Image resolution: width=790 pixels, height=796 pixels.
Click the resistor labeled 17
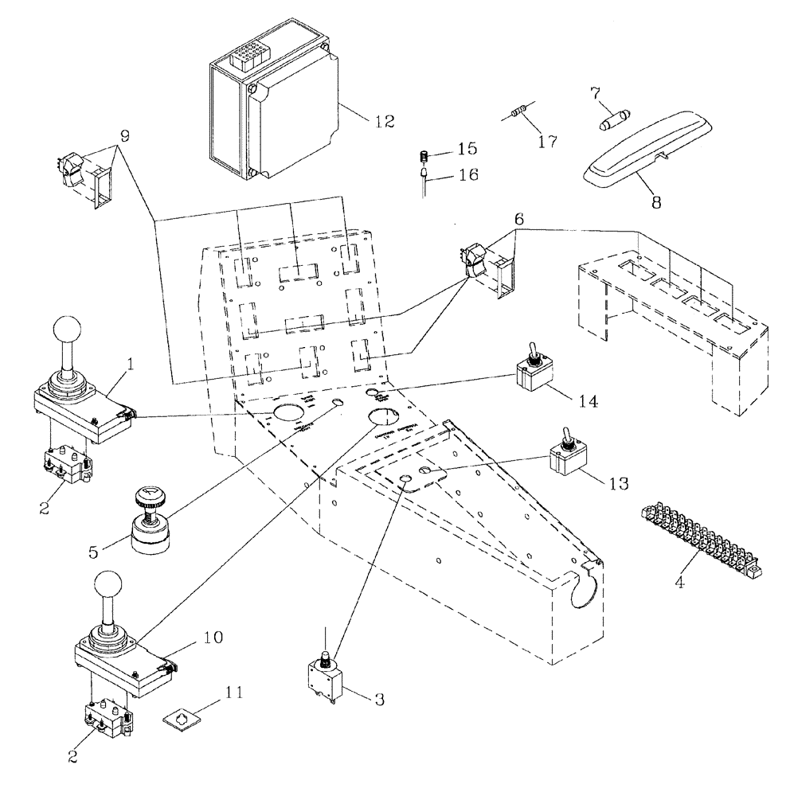522,115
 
